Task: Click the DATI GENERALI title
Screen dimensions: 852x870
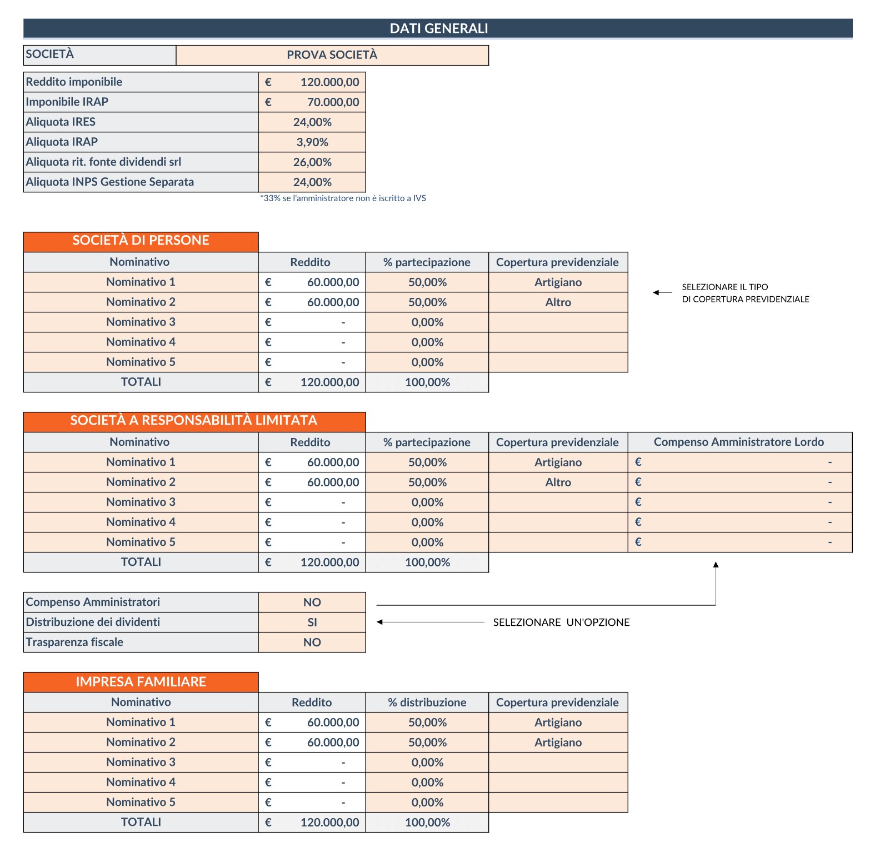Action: (x=438, y=28)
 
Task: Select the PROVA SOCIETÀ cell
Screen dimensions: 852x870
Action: (x=332, y=55)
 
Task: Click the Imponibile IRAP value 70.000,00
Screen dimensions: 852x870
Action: (x=333, y=102)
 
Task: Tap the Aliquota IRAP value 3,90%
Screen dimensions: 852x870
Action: (x=312, y=142)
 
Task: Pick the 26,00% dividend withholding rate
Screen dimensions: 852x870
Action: (x=312, y=162)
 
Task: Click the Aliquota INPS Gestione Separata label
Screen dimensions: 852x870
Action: (x=110, y=182)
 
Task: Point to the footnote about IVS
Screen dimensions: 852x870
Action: (x=343, y=198)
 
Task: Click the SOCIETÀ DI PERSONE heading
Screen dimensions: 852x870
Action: (x=141, y=241)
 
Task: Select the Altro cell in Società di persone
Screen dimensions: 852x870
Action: (x=558, y=302)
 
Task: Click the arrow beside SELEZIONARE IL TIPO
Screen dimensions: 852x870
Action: (x=662, y=292)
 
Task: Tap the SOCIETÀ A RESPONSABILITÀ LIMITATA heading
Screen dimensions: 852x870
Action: (x=193, y=421)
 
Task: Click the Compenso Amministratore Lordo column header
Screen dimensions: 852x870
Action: (x=738, y=442)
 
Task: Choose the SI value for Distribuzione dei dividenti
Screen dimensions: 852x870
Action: (x=312, y=622)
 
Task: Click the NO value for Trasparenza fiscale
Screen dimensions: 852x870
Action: (x=312, y=642)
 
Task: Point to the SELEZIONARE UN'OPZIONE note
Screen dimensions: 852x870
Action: (x=561, y=622)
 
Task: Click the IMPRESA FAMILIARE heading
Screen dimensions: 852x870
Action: (x=141, y=682)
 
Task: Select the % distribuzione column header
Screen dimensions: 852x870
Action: (x=427, y=702)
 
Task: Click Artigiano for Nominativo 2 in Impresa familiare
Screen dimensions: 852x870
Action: (x=558, y=743)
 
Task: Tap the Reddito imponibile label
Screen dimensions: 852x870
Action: (x=74, y=82)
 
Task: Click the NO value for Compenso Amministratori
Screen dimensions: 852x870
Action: (x=312, y=602)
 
